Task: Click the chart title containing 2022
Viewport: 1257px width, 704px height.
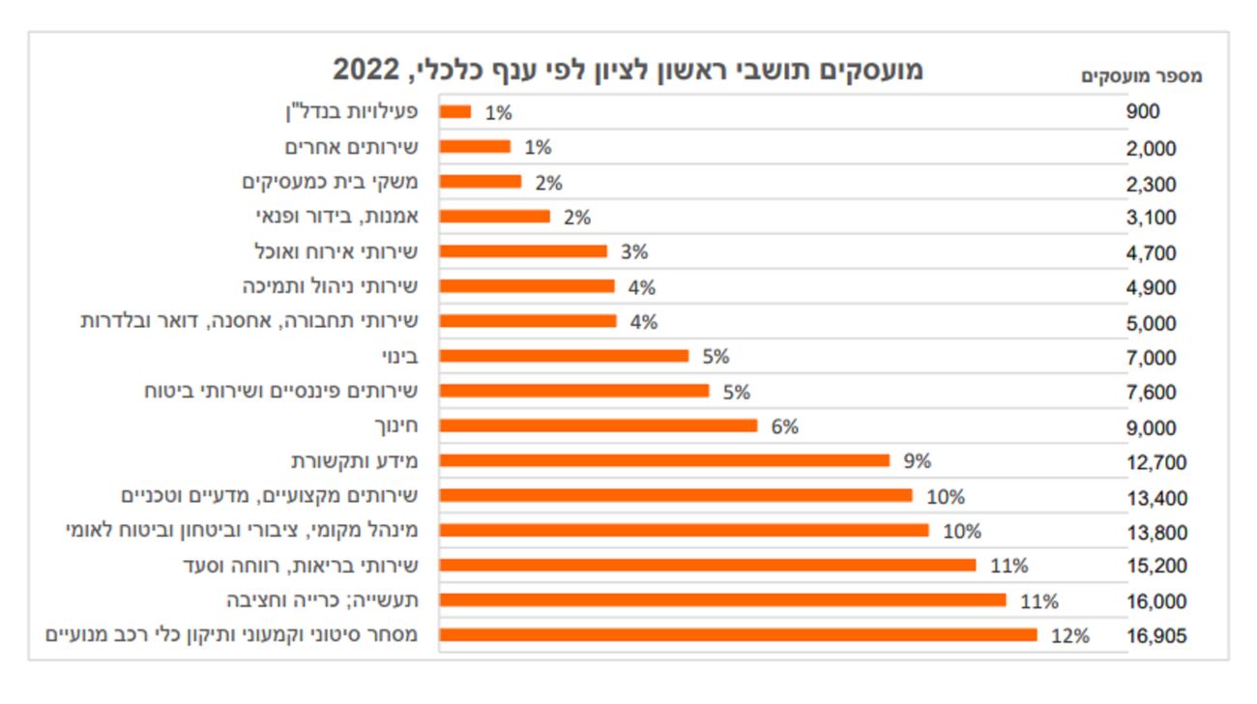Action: pos(628,70)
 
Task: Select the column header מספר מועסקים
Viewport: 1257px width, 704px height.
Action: pos(1141,76)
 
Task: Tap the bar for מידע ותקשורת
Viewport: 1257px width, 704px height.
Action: pos(664,460)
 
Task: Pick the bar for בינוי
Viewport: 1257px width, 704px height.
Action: pos(564,356)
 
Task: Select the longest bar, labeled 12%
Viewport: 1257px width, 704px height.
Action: pos(738,635)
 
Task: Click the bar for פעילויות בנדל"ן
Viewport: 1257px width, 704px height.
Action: pos(455,112)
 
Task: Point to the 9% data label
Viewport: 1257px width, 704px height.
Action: pos(917,461)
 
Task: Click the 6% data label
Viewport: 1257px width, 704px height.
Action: pos(784,426)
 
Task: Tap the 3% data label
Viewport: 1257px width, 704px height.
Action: pos(634,252)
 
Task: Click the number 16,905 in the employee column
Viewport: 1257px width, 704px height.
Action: pos(1156,636)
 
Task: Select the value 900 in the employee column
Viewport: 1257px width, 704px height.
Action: pos(1143,112)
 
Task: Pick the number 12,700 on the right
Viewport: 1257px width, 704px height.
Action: pos(1156,462)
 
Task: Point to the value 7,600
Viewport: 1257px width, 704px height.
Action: pos(1152,392)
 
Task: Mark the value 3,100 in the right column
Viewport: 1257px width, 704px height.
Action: pos(1152,218)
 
